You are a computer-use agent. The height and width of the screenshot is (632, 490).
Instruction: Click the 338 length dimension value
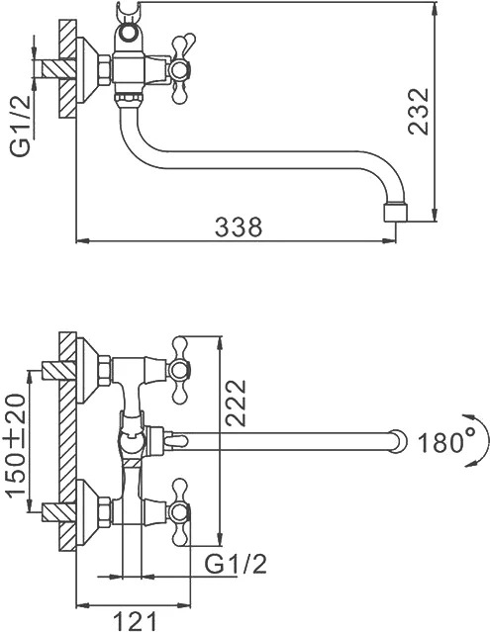(x=239, y=226)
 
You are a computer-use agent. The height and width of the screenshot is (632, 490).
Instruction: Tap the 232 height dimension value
(x=418, y=111)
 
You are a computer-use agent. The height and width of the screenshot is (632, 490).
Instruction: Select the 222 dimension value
(x=236, y=403)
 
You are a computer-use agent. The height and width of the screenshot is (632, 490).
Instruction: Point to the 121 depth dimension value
(x=135, y=621)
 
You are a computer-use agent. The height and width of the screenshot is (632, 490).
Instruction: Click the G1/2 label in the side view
(x=20, y=126)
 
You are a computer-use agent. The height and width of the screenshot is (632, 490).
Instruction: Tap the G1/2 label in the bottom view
(x=236, y=564)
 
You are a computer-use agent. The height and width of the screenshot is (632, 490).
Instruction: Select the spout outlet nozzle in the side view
(x=395, y=213)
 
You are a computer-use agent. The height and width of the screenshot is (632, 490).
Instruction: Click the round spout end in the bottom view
(x=399, y=441)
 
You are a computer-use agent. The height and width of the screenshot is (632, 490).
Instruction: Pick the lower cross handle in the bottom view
(x=180, y=512)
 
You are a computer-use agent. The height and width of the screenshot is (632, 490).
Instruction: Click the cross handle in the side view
(x=180, y=70)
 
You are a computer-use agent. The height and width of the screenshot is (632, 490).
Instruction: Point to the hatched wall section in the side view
(x=67, y=68)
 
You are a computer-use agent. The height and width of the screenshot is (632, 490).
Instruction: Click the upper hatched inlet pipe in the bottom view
(x=58, y=371)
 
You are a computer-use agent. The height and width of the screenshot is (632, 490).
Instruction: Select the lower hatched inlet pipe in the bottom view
(x=58, y=512)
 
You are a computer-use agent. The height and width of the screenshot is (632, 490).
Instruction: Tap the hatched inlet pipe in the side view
(x=58, y=68)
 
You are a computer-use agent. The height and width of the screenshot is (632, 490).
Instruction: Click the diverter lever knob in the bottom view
(x=175, y=440)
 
